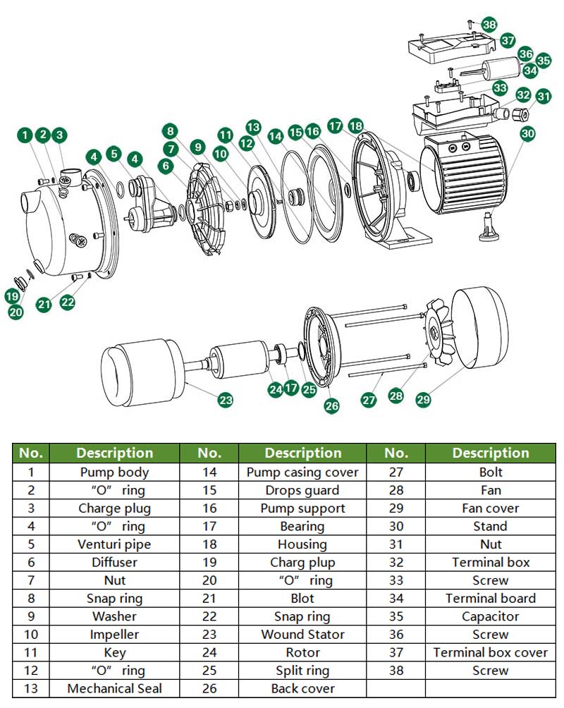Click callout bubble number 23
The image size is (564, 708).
(x=225, y=401)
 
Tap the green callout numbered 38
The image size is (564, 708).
(x=489, y=23)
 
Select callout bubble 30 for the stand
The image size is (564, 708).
(x=528, y=133)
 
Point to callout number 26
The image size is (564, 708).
(x=331, y=405)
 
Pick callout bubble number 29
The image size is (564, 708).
(x=423, y=399)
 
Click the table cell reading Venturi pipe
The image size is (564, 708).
(x=114, y=544)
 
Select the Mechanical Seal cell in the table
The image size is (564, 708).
(x=114, y=688)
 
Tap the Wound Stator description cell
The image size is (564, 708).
(x=302, y=635)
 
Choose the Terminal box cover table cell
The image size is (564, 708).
(x=490, y=652)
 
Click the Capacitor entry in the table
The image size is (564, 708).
(x=490, y=616)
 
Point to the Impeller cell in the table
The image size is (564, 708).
(x=114, y=635)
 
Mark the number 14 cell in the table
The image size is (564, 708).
(x=209, y=472)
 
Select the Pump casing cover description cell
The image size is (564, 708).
(x=302, y=472)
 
